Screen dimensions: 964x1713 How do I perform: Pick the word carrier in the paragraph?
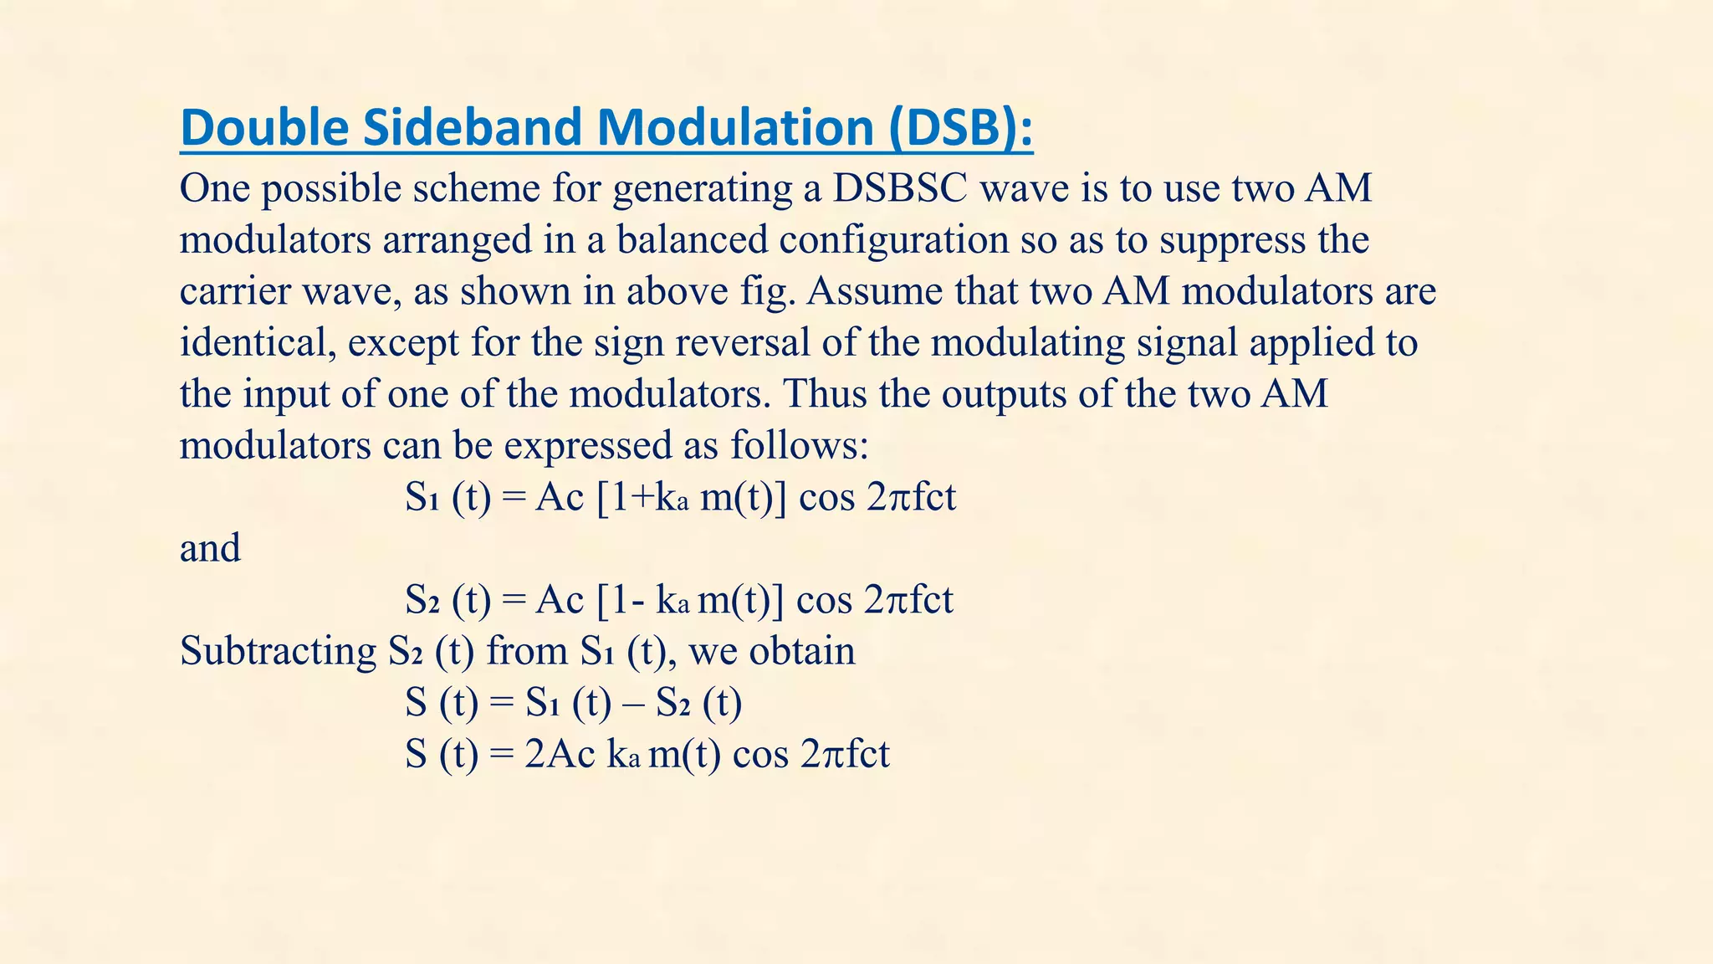coord(233,291)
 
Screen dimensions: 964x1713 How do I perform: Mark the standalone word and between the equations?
coord(210,548)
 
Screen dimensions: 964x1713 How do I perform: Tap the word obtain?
coord(802,651)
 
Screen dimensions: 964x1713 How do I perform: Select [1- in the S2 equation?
coord(621,600)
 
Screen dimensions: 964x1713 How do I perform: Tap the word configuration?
coord(894,240)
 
